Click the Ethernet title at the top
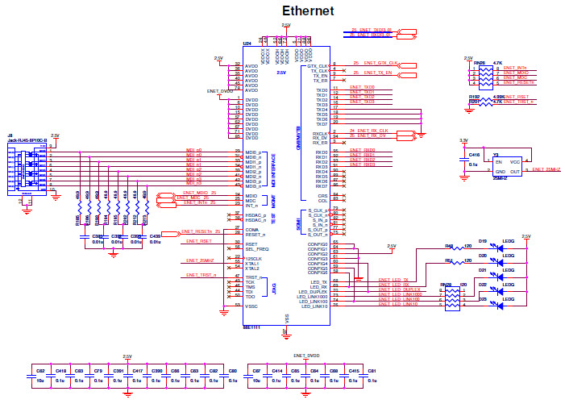click(307, 10)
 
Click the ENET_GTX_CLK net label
click(381, 62)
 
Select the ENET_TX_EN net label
click(377, 73)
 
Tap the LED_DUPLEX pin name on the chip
click(314, 292)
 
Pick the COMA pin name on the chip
click(251, 230)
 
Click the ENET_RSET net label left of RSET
click(199, 241)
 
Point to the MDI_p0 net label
click(193, 150)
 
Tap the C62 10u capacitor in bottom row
click(40, 376)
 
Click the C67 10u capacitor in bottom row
click(256, 376)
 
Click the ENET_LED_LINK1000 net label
click(395, 295)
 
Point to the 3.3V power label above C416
click(463, 140)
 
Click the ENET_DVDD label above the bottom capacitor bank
click(306, 355)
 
